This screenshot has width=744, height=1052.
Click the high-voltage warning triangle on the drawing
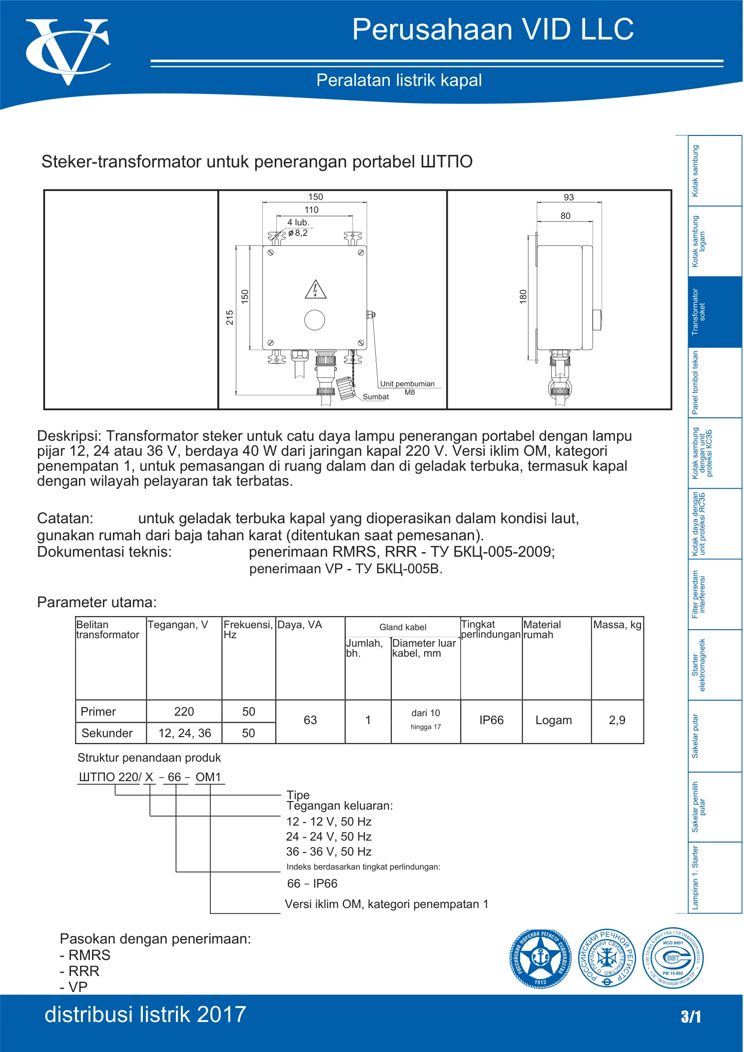315,289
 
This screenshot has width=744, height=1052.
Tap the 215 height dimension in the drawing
230,317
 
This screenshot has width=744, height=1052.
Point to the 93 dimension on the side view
569,197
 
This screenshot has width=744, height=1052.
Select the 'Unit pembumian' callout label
407,384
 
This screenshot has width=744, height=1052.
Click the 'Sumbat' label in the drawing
376,397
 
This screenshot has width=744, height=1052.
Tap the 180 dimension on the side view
523,296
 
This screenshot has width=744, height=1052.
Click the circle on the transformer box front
315,320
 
